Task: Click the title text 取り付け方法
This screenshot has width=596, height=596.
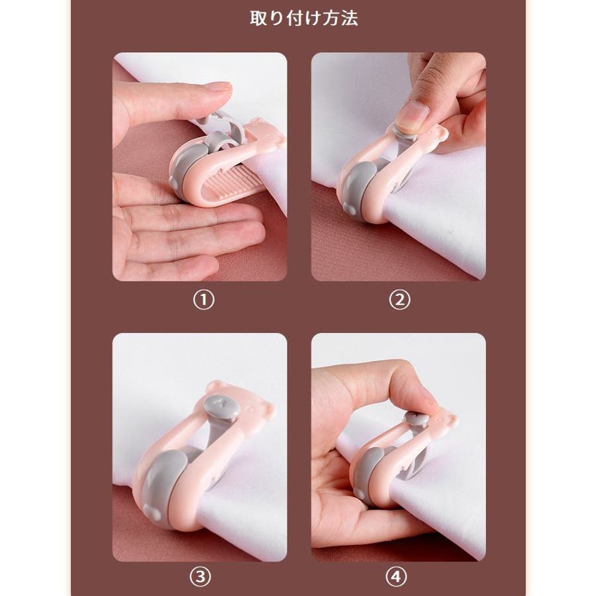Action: click(x=304, y=18)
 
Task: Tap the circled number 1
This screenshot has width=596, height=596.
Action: click(x=204, y=300)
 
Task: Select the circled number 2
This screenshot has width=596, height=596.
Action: click(x=399, y=300)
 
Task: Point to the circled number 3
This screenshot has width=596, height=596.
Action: click(x=200, y=577)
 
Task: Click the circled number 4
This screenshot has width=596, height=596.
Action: click(x=396, y=577)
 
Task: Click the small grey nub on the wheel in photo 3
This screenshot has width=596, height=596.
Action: click(x=155, y=515)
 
